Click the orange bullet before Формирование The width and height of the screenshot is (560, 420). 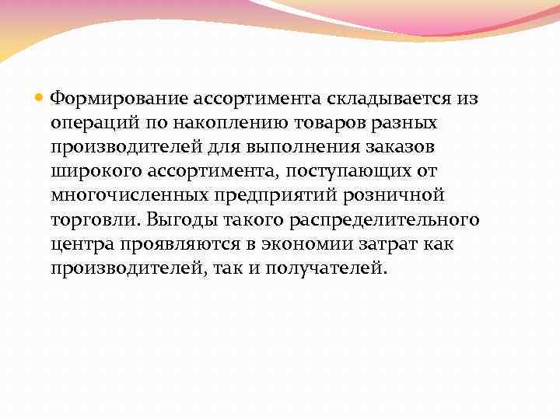tap(40, 98)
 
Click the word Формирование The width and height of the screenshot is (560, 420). tap(112, 99)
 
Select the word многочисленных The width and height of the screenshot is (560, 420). tap(128, 195)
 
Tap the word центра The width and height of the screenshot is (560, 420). tap(82, 243)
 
